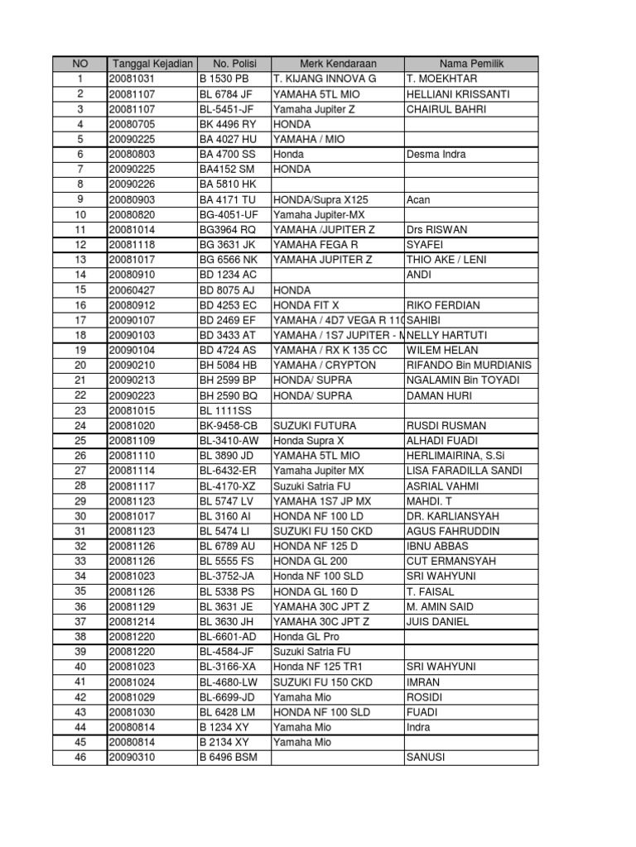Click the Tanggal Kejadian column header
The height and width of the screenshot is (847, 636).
[152, 64]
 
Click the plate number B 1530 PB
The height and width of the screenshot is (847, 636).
[224, 79]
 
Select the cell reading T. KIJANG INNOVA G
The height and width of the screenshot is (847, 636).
[325, 79]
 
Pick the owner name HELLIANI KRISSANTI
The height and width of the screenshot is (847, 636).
[458, 94]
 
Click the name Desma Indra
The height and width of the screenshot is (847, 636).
[436, 155]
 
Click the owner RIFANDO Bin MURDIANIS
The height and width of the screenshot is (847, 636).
[469, 366]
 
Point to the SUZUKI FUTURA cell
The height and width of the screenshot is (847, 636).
[309, 426]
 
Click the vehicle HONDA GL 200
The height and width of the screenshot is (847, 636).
[303, 562]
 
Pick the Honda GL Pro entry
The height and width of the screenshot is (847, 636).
[306, 637]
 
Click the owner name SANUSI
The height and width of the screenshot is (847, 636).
[426, 758]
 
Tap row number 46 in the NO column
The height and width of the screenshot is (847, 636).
[79, 758]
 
